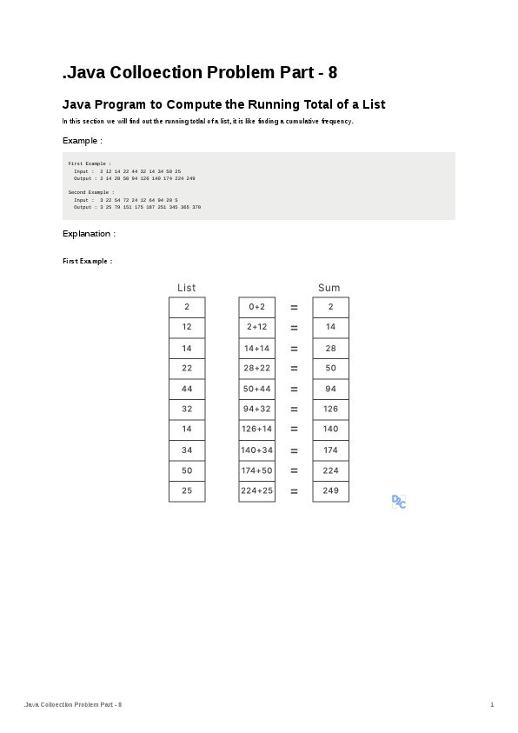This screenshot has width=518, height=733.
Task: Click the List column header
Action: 186,288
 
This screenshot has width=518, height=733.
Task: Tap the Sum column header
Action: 329,288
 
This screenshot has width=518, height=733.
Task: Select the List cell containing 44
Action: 187,389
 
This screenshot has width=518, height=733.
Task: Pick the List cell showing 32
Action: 187,409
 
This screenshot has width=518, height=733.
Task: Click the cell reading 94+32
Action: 256,409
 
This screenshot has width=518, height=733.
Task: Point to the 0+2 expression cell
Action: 256,307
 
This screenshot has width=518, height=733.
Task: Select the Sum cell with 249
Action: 330,491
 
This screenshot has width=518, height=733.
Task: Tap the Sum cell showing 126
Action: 330,409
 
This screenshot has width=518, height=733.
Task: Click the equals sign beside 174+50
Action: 294,470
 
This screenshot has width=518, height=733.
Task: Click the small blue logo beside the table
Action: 399,502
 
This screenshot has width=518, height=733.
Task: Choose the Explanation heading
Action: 89,234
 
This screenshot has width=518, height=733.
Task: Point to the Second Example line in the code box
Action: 90,192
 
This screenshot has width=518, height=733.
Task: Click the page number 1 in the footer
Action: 492,703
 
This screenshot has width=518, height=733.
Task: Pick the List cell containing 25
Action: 187,491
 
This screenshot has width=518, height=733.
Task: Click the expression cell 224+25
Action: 256,491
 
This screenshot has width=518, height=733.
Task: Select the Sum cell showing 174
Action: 330,450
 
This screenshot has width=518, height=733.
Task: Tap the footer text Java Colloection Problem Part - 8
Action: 73,703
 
